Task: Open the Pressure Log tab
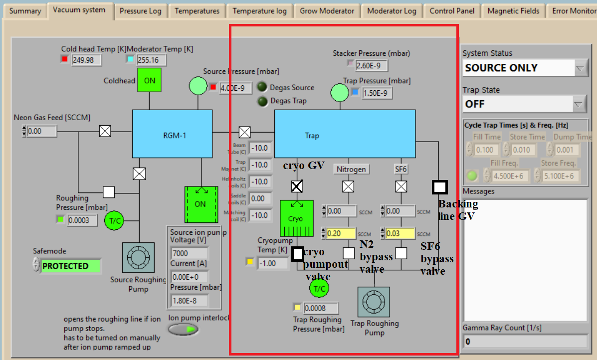click(141, 11)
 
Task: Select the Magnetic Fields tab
click(513, 11)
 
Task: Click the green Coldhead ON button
click(149, 80)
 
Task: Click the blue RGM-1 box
click(172, 134)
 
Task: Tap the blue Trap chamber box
click(345, 134)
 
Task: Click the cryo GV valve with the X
click(297, 186)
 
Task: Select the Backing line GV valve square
click(439, 187)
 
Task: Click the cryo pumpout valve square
click(297, 253)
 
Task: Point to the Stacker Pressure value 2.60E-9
click(372, 65)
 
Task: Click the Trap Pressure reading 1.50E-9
click(377, 93)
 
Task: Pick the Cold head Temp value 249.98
click(87, 60)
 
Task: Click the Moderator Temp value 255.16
click(151, 60)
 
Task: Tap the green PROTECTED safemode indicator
click(70, 266)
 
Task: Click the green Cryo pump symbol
click(296, 218)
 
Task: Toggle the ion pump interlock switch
click(183, 329)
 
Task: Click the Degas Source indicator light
click(262, 87)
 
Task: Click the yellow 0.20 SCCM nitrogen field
click(341, 233)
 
